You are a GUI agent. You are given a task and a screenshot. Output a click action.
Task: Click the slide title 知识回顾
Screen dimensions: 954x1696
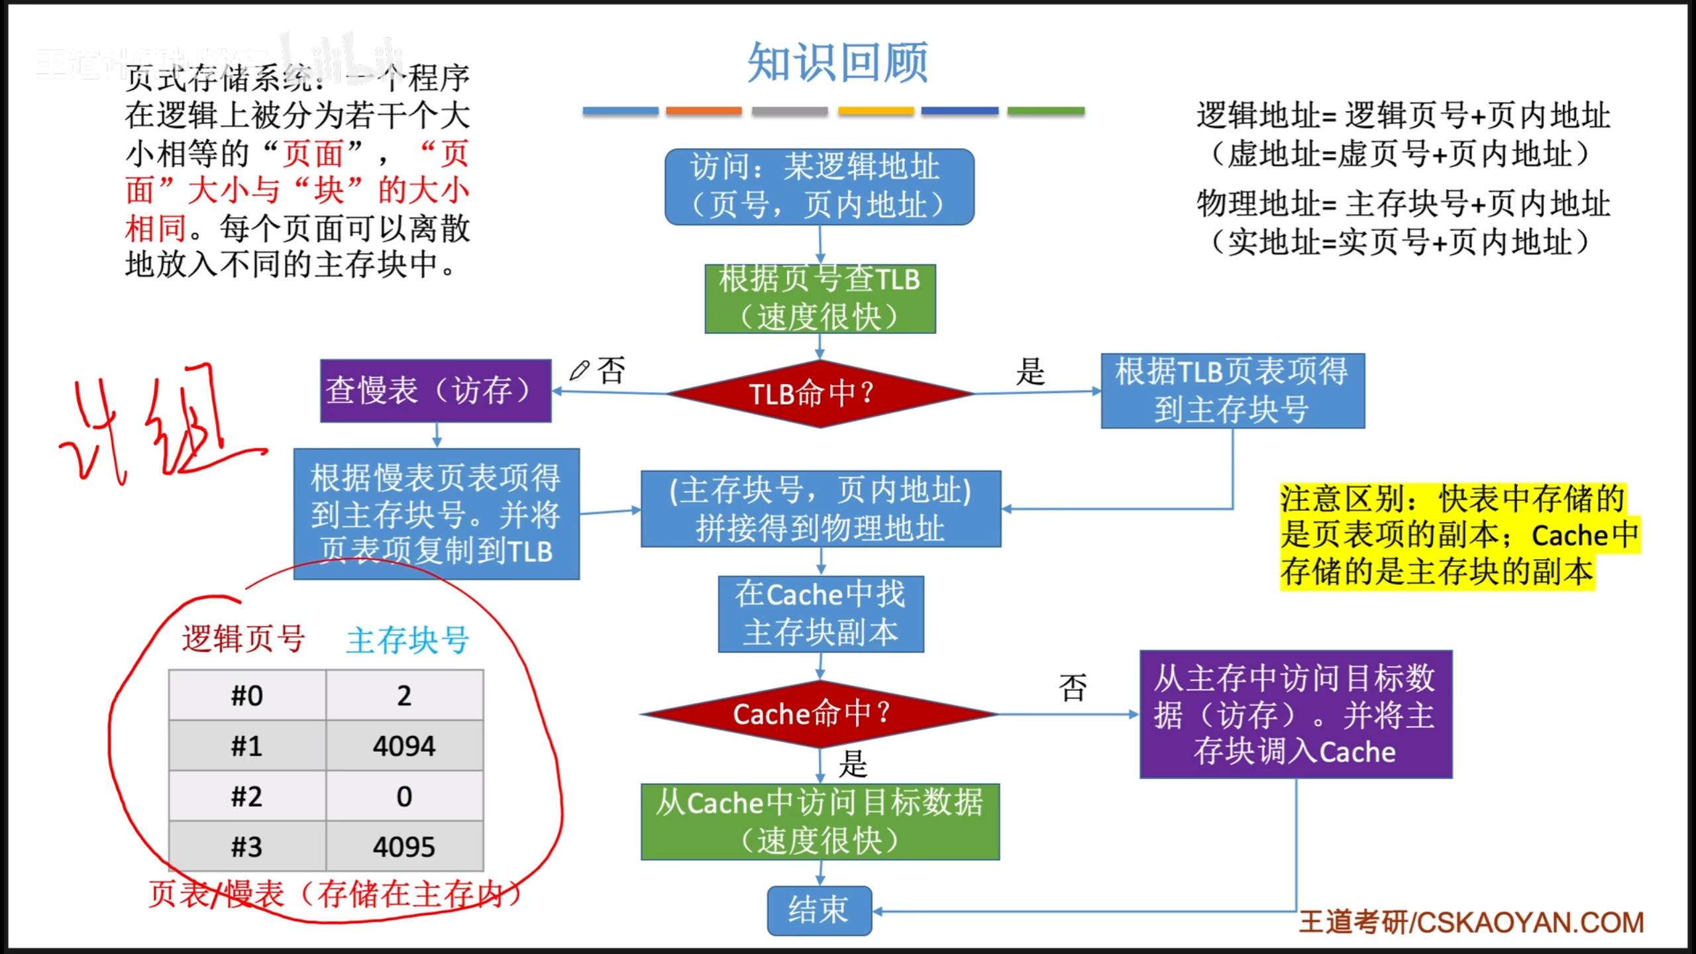point(837,63)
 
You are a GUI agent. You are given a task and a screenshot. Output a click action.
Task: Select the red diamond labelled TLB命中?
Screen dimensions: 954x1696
point(820,394)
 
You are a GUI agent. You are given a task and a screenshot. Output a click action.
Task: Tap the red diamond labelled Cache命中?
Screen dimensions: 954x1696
point(820,714)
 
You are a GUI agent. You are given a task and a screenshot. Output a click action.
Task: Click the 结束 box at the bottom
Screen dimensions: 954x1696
point(820,910)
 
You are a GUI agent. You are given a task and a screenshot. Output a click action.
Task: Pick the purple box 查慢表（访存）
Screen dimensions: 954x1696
point(435,391)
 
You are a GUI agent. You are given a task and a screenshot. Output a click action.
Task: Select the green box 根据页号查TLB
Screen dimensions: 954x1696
point(820,298)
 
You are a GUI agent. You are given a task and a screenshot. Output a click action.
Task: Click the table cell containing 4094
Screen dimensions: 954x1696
point(404,746)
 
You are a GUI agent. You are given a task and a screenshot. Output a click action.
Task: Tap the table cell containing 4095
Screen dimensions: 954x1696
point(404,847)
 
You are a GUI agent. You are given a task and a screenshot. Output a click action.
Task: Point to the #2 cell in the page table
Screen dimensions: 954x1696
point(247,796)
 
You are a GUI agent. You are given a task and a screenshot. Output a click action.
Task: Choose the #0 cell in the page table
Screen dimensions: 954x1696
point(247,696)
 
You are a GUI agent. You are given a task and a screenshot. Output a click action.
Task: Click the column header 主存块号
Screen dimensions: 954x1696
point(407,640)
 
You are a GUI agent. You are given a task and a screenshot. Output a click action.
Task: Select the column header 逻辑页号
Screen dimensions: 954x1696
point(243,639)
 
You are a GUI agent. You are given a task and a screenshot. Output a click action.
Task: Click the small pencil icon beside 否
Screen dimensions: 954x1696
point(579,370)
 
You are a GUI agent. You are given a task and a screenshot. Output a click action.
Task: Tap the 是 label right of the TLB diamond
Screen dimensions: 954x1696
point(1030,371)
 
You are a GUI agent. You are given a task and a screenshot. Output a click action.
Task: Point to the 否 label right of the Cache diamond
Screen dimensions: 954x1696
point(1073,688)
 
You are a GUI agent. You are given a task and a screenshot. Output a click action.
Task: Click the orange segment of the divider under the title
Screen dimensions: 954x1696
point(704,111)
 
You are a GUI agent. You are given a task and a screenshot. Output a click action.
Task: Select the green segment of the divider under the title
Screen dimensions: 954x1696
point(1045,111)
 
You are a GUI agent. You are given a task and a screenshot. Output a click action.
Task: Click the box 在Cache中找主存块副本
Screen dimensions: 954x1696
point(821,613)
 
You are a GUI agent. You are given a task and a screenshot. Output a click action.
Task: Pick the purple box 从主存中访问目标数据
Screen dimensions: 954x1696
point(1295,714)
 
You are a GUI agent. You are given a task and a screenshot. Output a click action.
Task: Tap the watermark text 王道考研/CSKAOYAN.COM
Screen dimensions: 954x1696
point(1471,922)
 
